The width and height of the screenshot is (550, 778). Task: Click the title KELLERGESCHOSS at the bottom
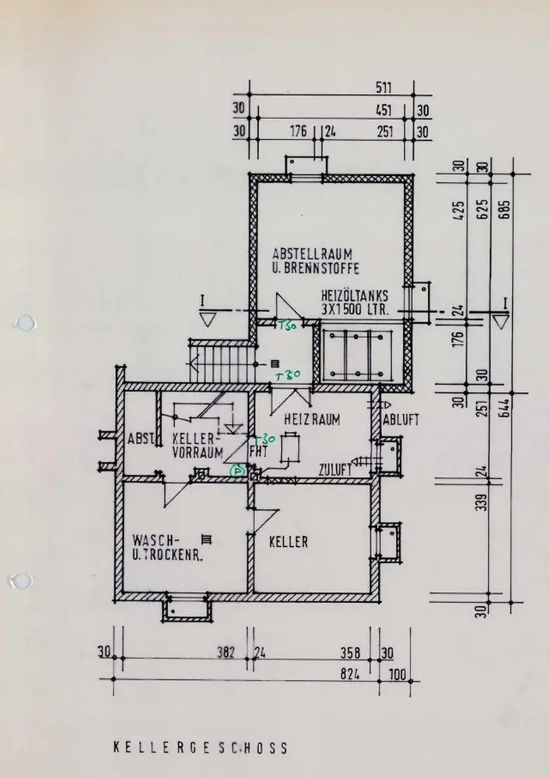pyautogui.click(x=200, y=748)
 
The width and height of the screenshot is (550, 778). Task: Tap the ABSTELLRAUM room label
pyautogui.click(x=314, y=254)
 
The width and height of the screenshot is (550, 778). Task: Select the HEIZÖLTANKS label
pyautogui.click(x=354, y=296)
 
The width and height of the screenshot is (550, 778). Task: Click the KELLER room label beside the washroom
pyautogui.click(x=288, y=541)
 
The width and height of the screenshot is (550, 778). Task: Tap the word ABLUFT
pyautogui.click(x=401, y=419)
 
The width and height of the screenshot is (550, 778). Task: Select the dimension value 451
pyautogui.click(x=384, y=110)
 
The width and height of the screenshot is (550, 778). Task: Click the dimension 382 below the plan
pyautogui.click(x=226, y=653)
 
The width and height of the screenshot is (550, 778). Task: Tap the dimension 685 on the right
pyautogui.click(x=503, y=209)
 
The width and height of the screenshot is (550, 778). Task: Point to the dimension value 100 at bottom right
pyautogui.click(x=398, y=676)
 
